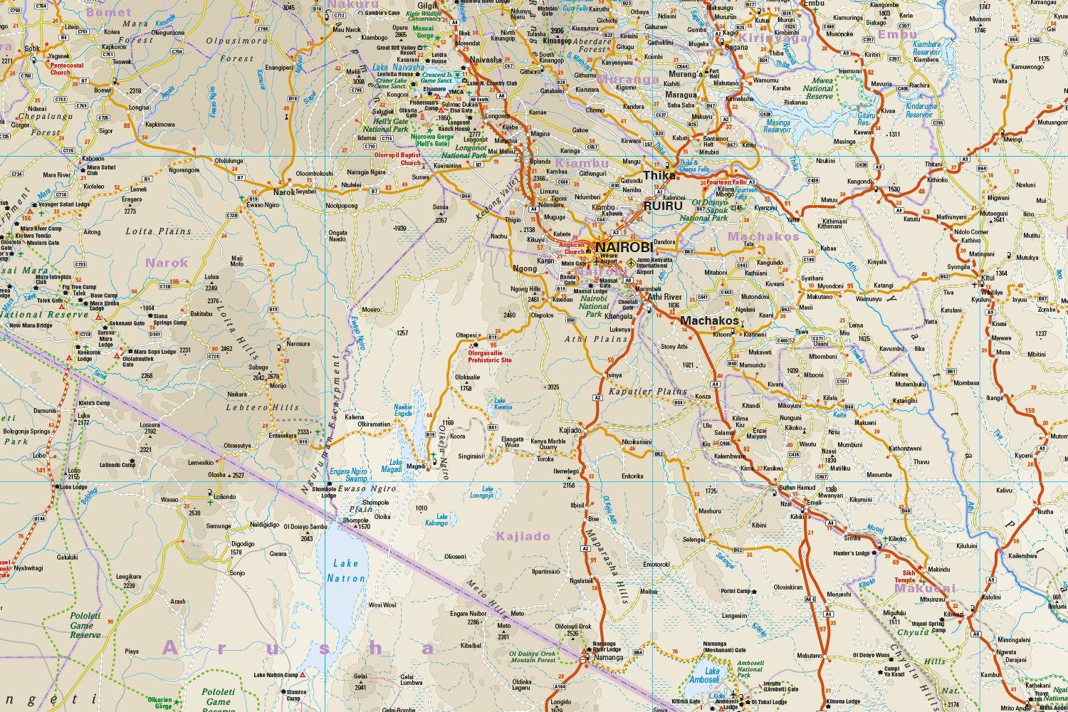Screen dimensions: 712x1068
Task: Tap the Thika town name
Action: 659,175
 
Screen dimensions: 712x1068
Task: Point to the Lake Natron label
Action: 345,571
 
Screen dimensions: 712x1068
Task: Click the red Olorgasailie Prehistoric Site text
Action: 490,356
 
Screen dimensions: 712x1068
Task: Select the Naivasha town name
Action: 487,61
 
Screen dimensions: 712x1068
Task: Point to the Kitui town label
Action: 988,277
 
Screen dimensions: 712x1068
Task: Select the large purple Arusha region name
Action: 299,648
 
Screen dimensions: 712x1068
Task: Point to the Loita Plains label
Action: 158,231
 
